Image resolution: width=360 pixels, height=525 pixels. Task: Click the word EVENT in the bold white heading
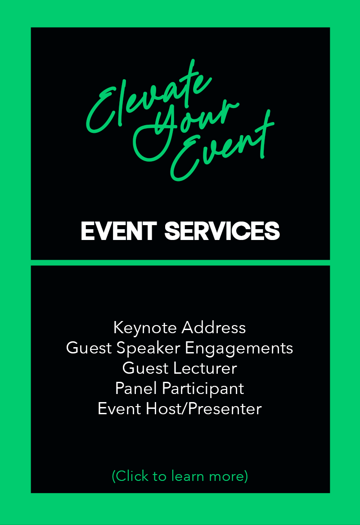[x=119, y=231]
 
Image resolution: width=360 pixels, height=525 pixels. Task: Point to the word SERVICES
[x=222, y=231]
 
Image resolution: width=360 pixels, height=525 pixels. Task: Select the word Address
[x=214, y=327]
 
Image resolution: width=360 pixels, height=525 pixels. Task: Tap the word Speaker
[x=148, y=348]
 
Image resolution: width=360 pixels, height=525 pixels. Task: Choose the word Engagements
[x=239, y=348]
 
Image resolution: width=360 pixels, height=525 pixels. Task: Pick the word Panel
[x=136, y=389]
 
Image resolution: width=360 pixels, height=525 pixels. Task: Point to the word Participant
[x=203, y=389]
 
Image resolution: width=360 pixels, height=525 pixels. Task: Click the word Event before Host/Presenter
[x=119, y=408]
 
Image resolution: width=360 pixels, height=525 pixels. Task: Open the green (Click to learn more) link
[x=180, y=476]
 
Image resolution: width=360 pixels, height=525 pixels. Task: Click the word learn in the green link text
[x=188, y=476]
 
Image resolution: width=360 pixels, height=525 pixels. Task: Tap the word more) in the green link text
[x=229, y=476]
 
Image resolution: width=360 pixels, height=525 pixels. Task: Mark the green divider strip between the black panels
[x=180, y=262]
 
